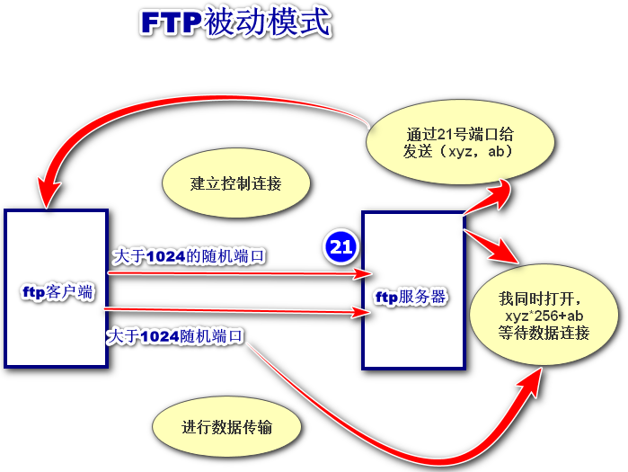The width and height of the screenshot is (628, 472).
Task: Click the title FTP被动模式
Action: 235,24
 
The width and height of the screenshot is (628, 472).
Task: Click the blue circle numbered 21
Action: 341,246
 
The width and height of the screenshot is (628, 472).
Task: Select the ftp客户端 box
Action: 57,288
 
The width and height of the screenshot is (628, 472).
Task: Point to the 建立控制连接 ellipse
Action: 236,183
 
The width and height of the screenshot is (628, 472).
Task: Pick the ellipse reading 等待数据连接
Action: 544,316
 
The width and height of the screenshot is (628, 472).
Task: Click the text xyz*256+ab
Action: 544,316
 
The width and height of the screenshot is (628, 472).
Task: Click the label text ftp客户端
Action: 57,293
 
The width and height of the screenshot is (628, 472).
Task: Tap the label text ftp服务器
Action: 411,297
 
